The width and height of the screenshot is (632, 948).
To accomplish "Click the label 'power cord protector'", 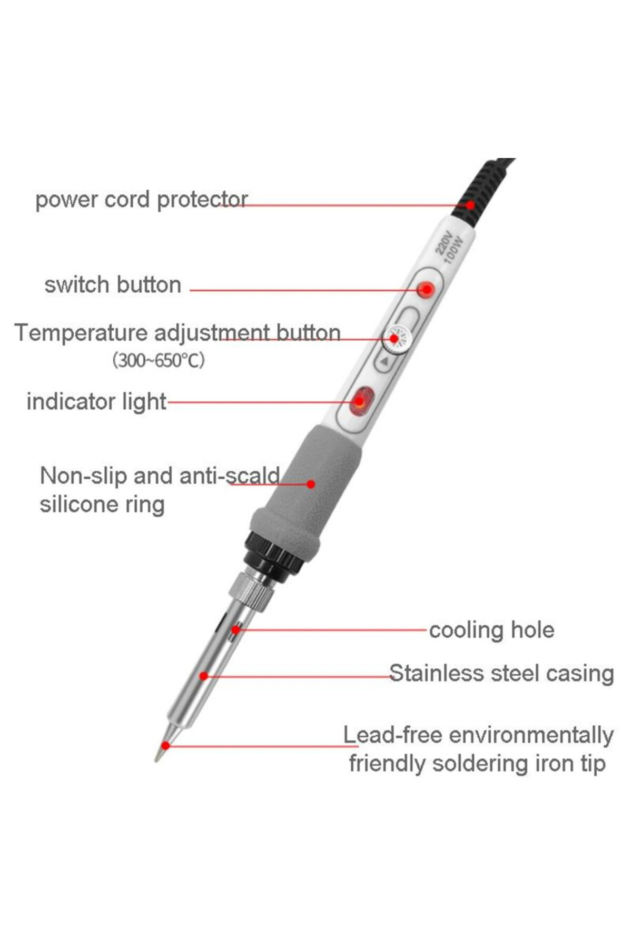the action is (141, 200).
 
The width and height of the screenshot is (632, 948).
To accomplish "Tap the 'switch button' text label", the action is (113, 285).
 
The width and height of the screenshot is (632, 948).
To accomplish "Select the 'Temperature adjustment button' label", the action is (177, 333).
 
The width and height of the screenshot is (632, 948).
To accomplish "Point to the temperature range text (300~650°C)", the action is (158, 360).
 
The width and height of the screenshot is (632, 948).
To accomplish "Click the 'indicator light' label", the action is (96, 401).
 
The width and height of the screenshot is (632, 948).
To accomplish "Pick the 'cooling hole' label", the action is (491, 630).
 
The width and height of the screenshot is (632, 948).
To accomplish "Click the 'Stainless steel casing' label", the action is (501, 673).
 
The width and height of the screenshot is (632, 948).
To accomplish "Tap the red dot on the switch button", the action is (426, 289).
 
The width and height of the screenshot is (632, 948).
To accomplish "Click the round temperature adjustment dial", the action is (397, 339).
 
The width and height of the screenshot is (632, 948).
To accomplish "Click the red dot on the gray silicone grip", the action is (311, 484).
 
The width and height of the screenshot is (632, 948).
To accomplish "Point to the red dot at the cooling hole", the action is (235, 629).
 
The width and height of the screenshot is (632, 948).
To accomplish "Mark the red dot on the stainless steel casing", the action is (204, 676).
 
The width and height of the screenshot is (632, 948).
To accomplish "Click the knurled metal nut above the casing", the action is (253, 592).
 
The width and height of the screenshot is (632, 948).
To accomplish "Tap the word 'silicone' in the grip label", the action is (79, 505).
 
